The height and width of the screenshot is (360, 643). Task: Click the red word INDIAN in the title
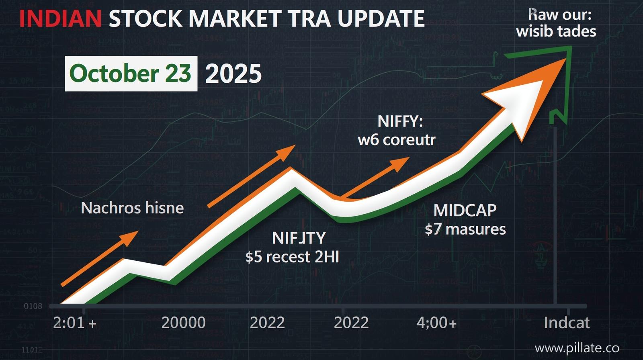pyautogui.click(x=60, y=18)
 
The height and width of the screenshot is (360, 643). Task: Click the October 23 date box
pyautogui.click(x=131, y=74)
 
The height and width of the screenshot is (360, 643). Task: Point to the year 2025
pyautogui.click(x=233, y=74)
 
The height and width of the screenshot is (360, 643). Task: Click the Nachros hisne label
pyautogui.click(x=132, y=208)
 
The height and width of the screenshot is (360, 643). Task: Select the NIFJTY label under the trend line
pyautogui.click(x=299, y=238)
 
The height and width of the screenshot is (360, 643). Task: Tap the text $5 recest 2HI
pyautogui.click(x=292, y=257)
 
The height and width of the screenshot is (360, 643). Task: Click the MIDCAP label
pyautogui.click(x=465, y=211)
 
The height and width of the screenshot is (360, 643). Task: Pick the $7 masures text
pyautogui.click(x=465, y=229)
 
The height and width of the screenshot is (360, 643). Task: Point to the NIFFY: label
pyautogui.click(x=400, y=121)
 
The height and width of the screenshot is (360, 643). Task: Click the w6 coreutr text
pyautogui.click(x=397, y=140)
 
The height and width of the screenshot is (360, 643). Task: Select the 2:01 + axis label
pyautogui.click(x=75, y=323)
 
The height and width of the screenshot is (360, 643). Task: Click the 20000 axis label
pyautogui.click(x=183, y=323)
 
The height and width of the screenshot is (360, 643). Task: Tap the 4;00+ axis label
pyautogui.click(x=436, y=323)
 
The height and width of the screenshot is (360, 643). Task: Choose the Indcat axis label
pyautogui.click(x=567, y=323)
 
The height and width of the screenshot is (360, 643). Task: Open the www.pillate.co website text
pyautogui.click(x=577, y=348)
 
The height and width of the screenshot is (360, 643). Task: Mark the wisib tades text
pyautogui.click(x=556, y=31)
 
